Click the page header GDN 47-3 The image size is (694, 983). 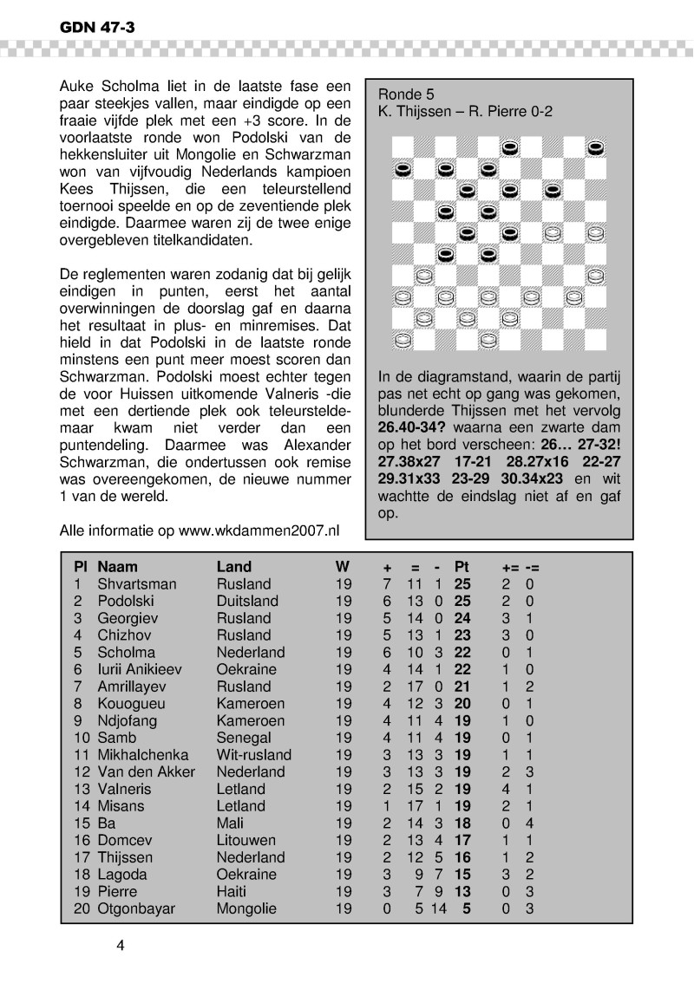(x=96, y=28)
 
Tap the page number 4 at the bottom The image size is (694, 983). (x=121, y=946)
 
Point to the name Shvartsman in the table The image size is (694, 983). (x=136, y=584)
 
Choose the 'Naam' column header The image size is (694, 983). (x=117, y=567)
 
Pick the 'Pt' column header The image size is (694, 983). (x=461, y=567)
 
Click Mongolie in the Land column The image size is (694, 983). (x=246, y=908)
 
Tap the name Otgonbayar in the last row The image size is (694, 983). (x=136, y=908)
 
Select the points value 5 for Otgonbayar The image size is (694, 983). (x=467, y=908)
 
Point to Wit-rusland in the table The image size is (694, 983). (x=254, y=755)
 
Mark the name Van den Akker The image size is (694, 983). (x=147, y=771)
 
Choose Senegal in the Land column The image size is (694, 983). (x=243, y=738)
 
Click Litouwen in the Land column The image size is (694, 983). (x=246, y=840)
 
